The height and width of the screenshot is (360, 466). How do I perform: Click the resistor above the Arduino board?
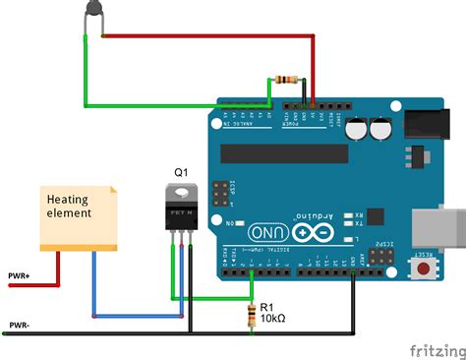287,79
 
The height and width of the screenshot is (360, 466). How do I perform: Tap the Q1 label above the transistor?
181,172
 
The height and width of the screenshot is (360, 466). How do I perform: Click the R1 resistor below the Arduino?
255,315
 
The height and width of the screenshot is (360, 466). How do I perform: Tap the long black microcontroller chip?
284,152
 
